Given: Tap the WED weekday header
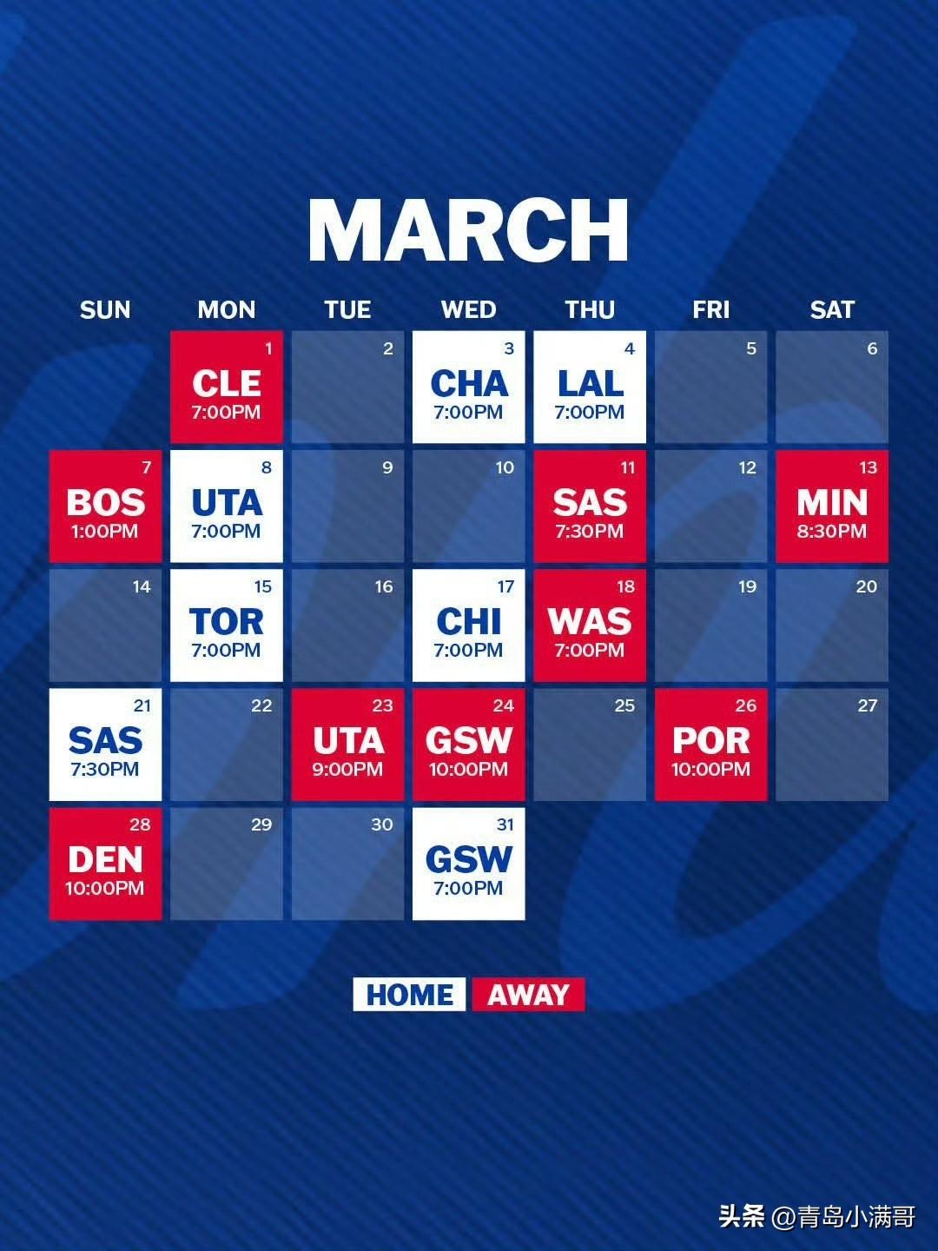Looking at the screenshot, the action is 469,309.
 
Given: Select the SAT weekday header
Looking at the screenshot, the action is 832,309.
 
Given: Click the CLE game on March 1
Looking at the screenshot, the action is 227,387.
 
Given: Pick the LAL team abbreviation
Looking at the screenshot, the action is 590,383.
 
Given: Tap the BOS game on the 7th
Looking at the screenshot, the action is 105,506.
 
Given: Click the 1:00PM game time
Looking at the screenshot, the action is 105,531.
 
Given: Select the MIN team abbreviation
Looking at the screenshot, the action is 832,503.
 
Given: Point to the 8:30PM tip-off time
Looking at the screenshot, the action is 831,531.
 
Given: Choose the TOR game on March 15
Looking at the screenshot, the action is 227,625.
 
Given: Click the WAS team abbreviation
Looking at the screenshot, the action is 590,621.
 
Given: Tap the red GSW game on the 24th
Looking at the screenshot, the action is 469,745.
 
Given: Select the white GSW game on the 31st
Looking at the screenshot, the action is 469,864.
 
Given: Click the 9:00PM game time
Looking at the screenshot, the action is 347,770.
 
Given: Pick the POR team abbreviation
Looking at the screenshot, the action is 711,740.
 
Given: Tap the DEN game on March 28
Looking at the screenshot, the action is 105,864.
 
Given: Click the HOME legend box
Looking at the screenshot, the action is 409,995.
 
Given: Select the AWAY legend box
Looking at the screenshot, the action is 529,995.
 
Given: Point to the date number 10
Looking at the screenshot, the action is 505,468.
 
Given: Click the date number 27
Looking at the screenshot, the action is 868,706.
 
